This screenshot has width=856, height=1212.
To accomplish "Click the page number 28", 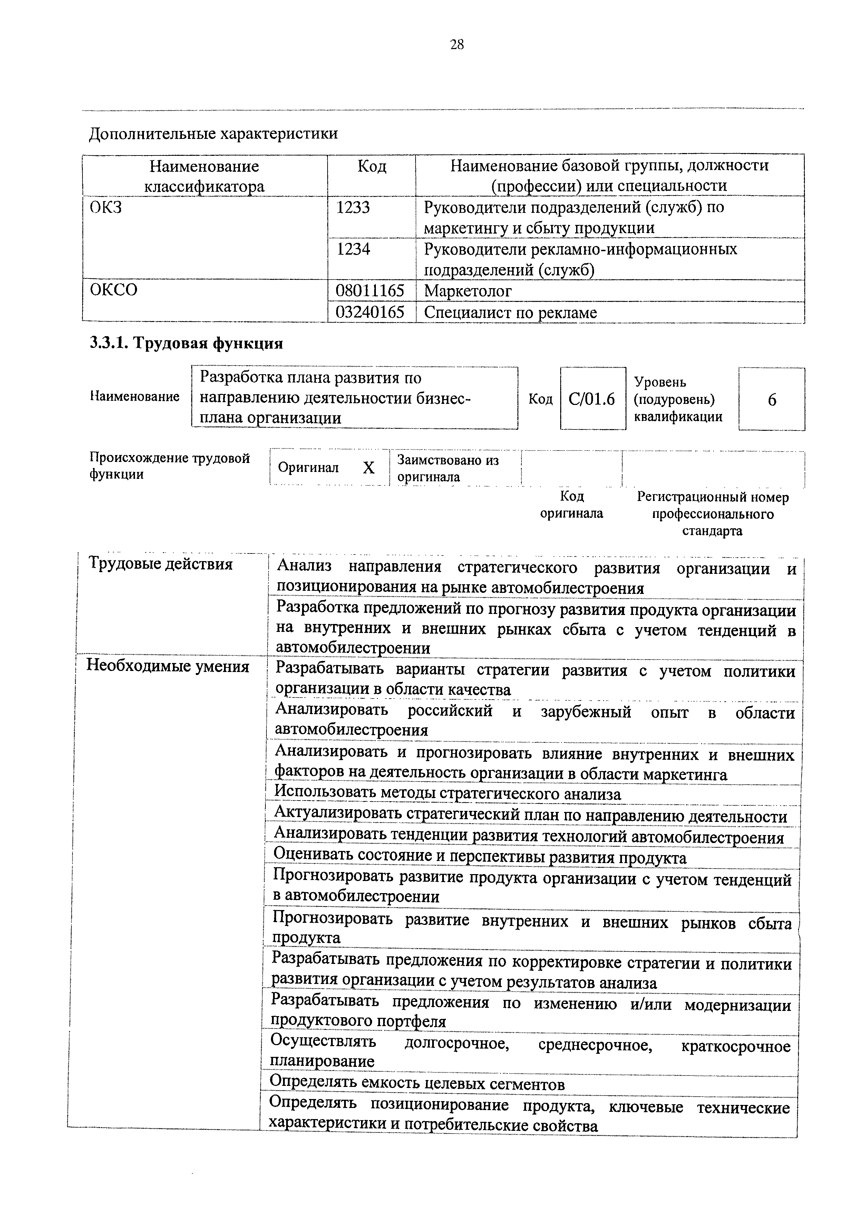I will click(457, 45).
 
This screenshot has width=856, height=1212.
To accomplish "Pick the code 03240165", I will click(370, 313).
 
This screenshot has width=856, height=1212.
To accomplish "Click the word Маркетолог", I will click(467, 291).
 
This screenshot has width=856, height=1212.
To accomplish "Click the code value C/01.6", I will click(592, 399).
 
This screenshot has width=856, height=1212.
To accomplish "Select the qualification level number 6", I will click(772, 400).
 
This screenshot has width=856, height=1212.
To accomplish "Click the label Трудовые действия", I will click(160, 564).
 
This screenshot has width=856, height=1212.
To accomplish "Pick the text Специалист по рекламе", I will click(510, 313).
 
